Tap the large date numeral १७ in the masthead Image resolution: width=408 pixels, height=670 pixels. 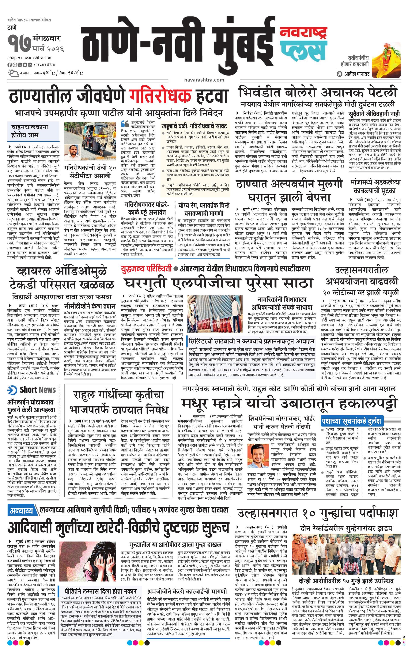pos(19,44)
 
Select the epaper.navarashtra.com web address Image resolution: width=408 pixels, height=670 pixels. pos(30,58)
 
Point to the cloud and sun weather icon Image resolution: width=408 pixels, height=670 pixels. pos(12,73)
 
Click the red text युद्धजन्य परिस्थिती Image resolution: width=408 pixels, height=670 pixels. pos(147,269)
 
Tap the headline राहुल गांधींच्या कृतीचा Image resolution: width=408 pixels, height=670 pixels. pos(118,395)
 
